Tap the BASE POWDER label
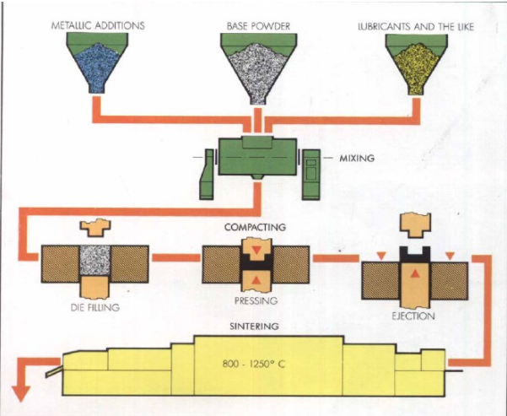point(258,26)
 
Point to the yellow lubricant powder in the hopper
point(415,62)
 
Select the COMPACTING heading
point(255,227)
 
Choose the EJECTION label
point(413,316)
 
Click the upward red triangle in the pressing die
point(255,279)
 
